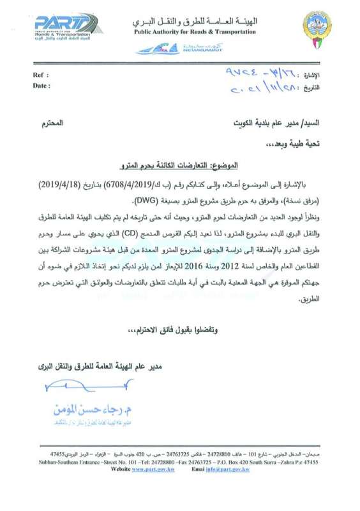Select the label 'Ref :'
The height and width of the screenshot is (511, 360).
(40, 75)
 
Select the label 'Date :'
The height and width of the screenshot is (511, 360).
(41, 86)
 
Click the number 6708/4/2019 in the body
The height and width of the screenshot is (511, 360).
(206, 182)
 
